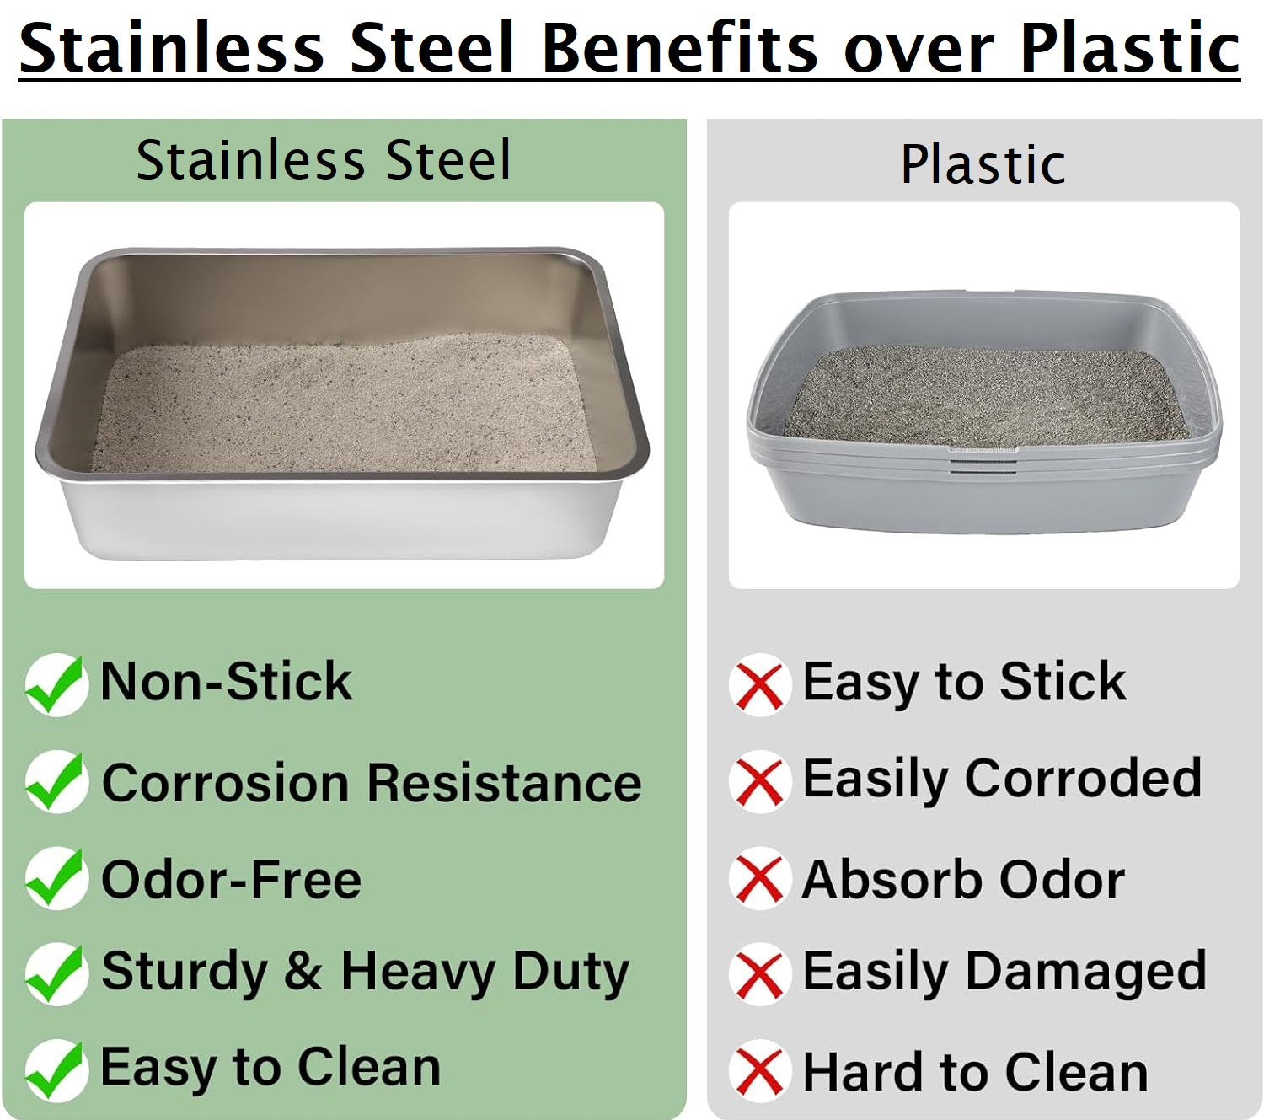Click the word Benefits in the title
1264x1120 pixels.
coord(679,48)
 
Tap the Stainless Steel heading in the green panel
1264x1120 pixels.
coord(324,160)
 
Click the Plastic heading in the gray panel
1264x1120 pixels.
coord(983,164)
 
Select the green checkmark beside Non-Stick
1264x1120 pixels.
coord(56,684)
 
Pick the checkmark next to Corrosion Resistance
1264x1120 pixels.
coord(56,781)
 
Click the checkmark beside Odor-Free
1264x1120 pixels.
coord(56,878)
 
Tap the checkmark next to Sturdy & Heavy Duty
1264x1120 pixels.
coord(56,974)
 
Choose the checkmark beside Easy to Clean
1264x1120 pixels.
coord(56,1070)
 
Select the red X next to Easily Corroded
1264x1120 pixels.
coord(759,781)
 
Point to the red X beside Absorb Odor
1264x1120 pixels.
coord(759,878)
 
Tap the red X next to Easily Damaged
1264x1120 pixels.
coord(759,974)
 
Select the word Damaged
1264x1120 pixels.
coord(1085,973)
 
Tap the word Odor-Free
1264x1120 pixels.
coord(232,879)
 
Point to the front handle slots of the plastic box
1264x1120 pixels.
coord(983,461)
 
